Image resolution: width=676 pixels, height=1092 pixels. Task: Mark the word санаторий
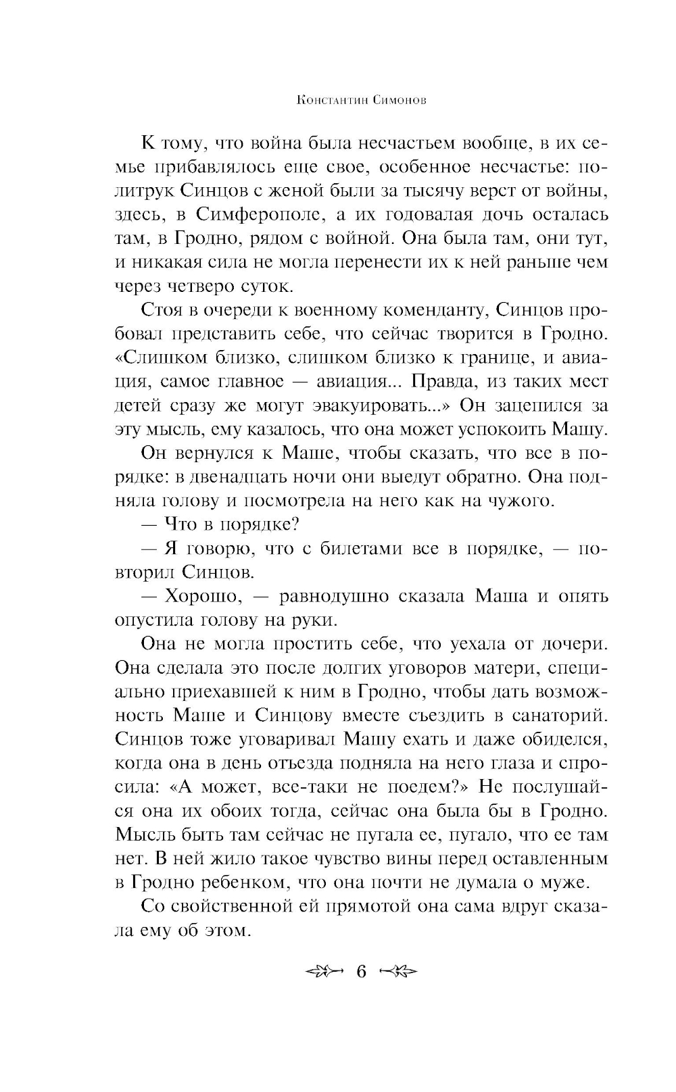pos(554,715)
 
